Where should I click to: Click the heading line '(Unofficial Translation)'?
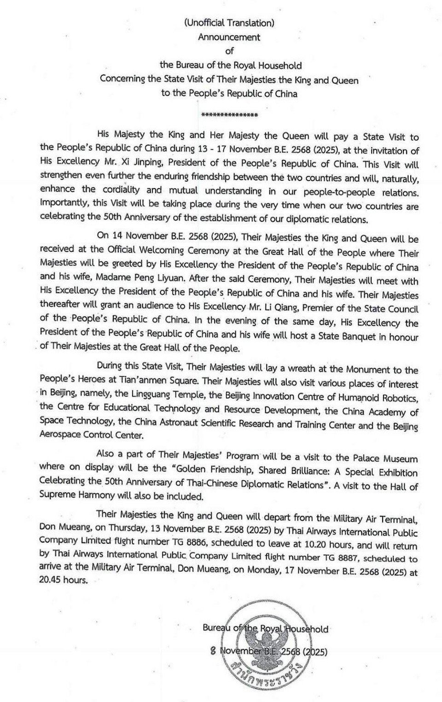[x=229, y=23]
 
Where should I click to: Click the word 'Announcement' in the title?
[x=229, y=37]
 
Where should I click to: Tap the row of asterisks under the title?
[x=229, y=115]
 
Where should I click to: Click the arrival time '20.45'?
[x=51, y=580]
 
